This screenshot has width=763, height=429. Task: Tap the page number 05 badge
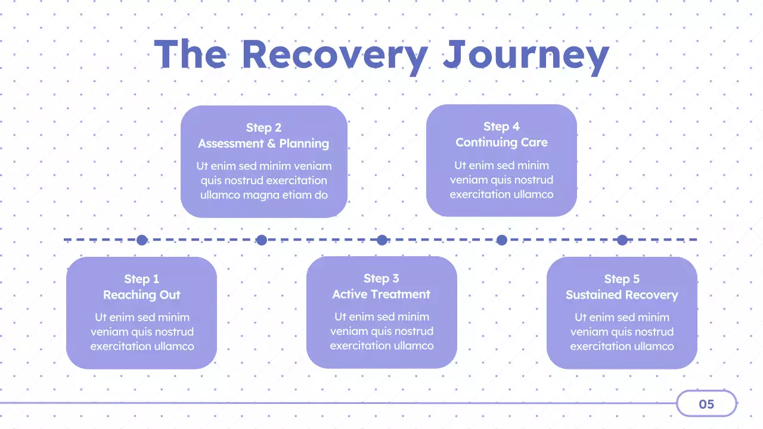(706, 404)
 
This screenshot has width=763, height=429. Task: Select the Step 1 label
(142, 279)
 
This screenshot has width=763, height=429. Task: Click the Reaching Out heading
(142, 295)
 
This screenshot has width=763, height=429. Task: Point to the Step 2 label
(263, 128)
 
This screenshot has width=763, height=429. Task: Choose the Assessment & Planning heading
(263, 144)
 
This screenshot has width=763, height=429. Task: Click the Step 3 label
(381, 278)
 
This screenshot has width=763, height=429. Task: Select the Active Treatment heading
(381, 294)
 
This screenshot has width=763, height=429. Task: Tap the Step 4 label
(501, 126)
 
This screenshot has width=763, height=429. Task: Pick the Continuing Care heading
(501, 142)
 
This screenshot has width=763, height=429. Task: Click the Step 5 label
(622, 279)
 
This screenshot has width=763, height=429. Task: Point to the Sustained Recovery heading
(622, 295)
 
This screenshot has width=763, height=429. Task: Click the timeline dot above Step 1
(142, 240)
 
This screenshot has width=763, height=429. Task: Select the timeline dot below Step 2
(261, 240)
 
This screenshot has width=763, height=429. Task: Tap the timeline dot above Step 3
(382, 240)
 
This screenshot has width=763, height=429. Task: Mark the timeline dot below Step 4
(502, 240)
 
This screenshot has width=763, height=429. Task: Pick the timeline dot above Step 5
(622, 240)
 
